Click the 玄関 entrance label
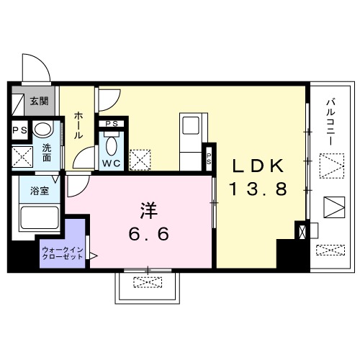[39, 102]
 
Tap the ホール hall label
[78, 125]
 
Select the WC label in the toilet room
[111, 163]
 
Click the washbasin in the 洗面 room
[42, 129]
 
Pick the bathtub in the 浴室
[40, 217]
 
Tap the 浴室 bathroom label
[40, 191]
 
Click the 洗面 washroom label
[47, 153]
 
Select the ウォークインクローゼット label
[63, 253]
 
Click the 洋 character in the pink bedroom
[149, 210]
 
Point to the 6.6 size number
[149, 234]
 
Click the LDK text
[258, 166]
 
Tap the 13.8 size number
[258, 189]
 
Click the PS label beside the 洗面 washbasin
[20, 130]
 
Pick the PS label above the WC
[112, 124]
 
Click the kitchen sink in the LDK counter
[191, 125]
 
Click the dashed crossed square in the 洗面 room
[22, 156]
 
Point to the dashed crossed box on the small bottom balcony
[148, 282]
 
